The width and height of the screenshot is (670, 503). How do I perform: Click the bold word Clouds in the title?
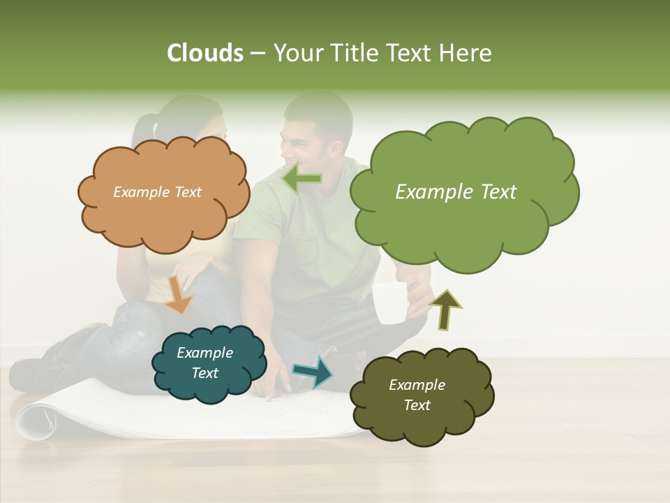[204, 53]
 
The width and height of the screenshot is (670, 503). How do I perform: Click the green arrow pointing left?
[301, 179]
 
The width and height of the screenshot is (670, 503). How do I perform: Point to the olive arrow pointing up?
[445, 309]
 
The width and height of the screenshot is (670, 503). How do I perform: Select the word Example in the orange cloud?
[140, 192]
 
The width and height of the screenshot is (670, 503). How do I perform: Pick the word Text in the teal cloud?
[205, 373]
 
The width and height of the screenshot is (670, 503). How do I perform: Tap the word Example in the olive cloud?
[417, 385]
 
